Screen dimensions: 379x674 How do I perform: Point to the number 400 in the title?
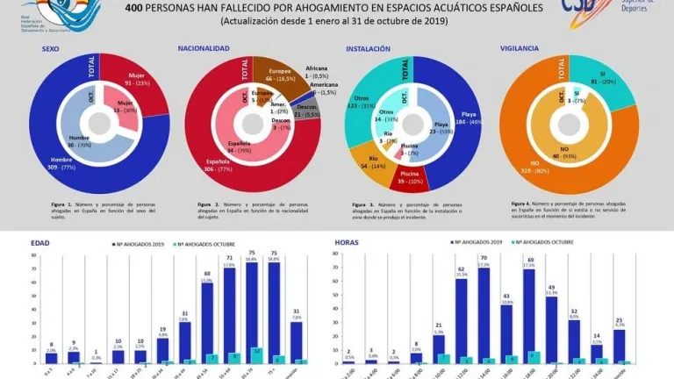point(134,8)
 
